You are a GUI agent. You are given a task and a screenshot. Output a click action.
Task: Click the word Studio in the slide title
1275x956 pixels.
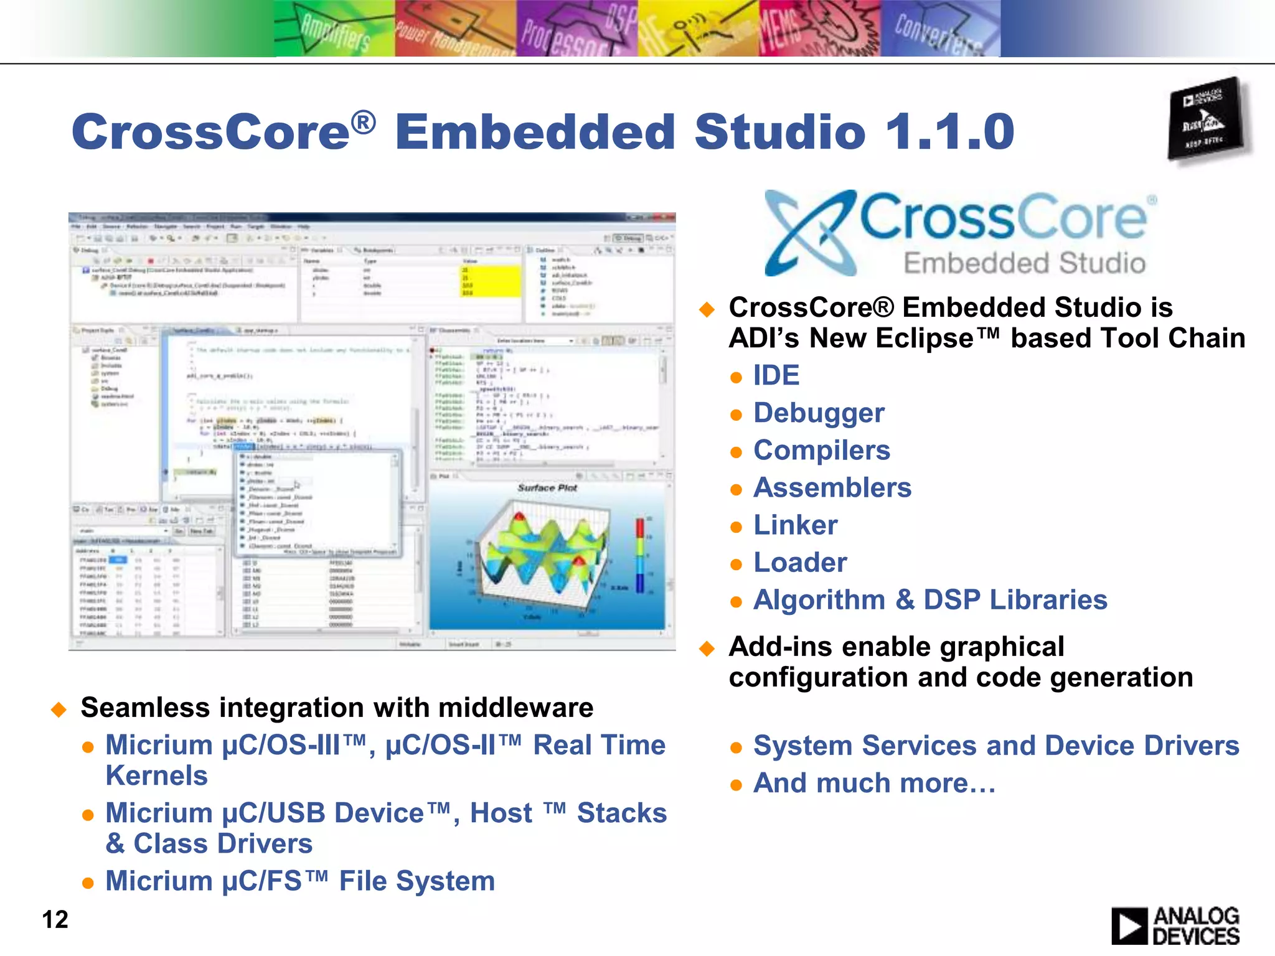pos(779,132)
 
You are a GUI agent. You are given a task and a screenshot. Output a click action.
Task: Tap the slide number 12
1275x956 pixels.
pos(55,919)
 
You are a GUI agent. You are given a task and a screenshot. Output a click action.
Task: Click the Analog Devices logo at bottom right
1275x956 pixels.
pos(1175,926)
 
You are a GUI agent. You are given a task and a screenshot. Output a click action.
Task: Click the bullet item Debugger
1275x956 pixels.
pos(819,413)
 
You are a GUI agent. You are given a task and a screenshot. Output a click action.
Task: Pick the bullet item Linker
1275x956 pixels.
pos(795,525)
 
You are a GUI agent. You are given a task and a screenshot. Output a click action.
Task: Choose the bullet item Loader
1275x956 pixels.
pos(800,563)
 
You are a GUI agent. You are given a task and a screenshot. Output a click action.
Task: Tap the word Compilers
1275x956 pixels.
pos(822,451)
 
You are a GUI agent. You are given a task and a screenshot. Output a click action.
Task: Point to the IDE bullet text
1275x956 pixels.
pos(776,375)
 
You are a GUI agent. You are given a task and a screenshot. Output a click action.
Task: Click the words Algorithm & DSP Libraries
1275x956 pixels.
pos(930,600)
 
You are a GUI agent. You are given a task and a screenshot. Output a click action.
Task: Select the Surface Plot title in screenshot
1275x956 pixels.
pos(547,488)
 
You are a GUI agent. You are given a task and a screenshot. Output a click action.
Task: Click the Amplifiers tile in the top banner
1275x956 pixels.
pos(334,29)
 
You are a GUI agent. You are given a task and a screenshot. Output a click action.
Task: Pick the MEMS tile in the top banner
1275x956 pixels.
pos(819,29)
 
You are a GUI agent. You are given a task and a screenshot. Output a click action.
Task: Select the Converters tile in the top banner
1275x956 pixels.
pos(940,29)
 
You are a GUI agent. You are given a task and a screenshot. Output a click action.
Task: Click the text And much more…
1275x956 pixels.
pos(874,783)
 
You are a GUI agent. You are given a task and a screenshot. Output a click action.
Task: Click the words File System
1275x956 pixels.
pos(416,881)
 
